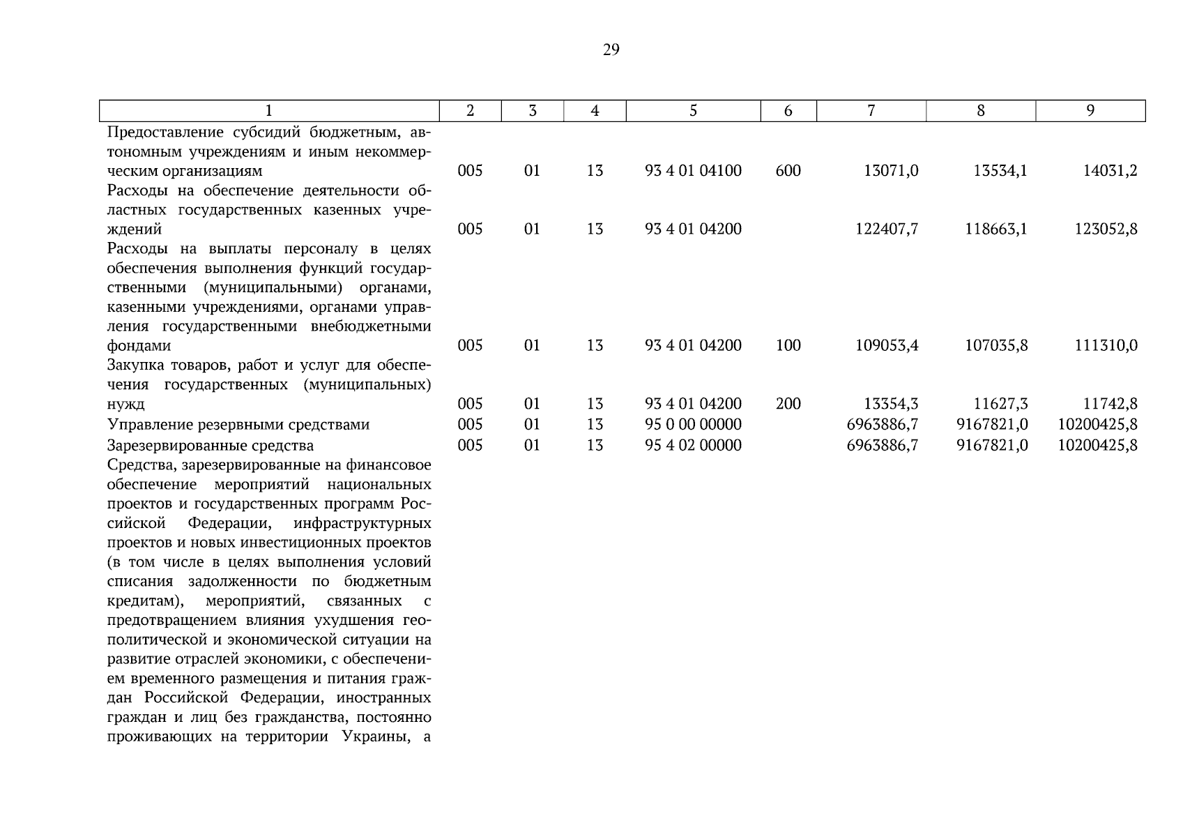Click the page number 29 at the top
click(x=611, y=50)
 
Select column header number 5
click(x=693, y=110)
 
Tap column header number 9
click(x=1090, y=110)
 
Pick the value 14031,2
click(x=1110, y=171)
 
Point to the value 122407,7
click(x=887, y=229)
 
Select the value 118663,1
click(x=995, y=229)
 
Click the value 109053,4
click(x=887, y=346)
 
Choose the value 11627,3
click(x=1000, y=404)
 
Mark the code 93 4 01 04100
click(x=693, y=171)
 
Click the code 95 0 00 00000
click(x=693, y=425)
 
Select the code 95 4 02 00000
click(x=693, y=446)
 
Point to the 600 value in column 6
click(x=788, y=171)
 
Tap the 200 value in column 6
click(x=788, y=404)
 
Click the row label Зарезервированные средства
click(x=211, y=446)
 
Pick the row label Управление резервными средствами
click(x=238, y=425)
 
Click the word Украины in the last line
click(x=376, y=737)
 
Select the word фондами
click(x=139, y=346)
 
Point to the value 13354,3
click(x=891, y=404)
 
